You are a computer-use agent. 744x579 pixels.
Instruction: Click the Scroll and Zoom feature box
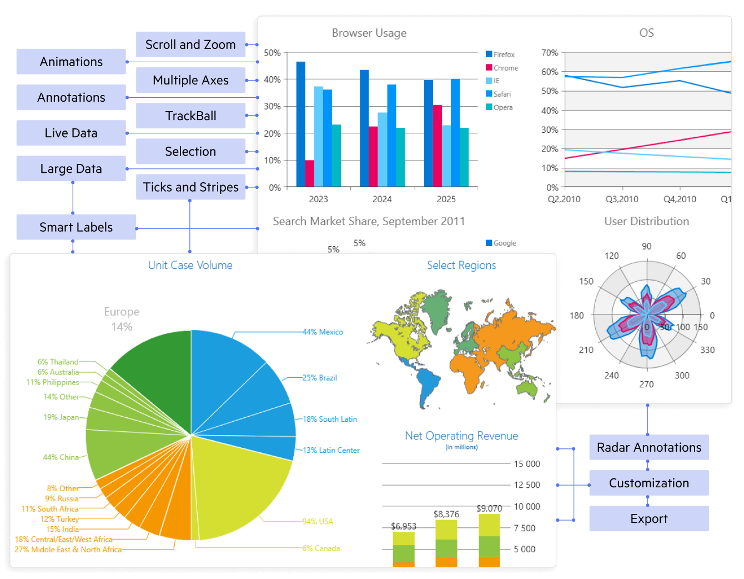pyautogui.click(x=190, y=44)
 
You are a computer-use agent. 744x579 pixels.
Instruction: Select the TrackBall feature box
pyautogui.click(x=190, y=116)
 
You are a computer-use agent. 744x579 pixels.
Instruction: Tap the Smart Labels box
pyautogui.click(x=76, y=227)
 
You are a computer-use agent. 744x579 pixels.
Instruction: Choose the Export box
pyautogui.click(x=649, y=518)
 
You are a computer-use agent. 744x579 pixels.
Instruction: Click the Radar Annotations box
pyautogui.click(x=649, y=447)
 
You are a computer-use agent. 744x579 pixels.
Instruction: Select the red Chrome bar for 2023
pyautogui.click(x=309, y=173)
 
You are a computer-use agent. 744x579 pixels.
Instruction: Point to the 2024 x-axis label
pyautogui.click(x=382, y=199)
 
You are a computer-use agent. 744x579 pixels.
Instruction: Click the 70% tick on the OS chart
pyautogui.click(x=550, y=53)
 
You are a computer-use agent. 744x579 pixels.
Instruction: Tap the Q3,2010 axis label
pyautogui.click(x=622, y=199)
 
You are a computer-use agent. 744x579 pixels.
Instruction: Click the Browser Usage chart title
pyautogui.click(x=369, y=33)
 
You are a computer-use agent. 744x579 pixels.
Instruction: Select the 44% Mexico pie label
pyautogui.click(x=323, y=332)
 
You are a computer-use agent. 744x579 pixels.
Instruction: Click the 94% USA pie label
pyautogui.click(x=318, y=521)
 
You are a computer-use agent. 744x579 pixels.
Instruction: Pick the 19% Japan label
pyautogui.click(x=61, y=417)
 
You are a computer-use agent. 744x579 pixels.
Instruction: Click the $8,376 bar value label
pyautogui.click(x=446, y=514)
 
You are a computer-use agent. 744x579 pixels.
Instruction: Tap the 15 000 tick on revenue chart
pyautogui.click(x=527, y=464)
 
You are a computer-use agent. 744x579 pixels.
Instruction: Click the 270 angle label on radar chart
pyautogui.click(x=646, y=384)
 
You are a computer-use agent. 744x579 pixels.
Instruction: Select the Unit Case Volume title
pyautogui.click(x=190, y=265)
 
